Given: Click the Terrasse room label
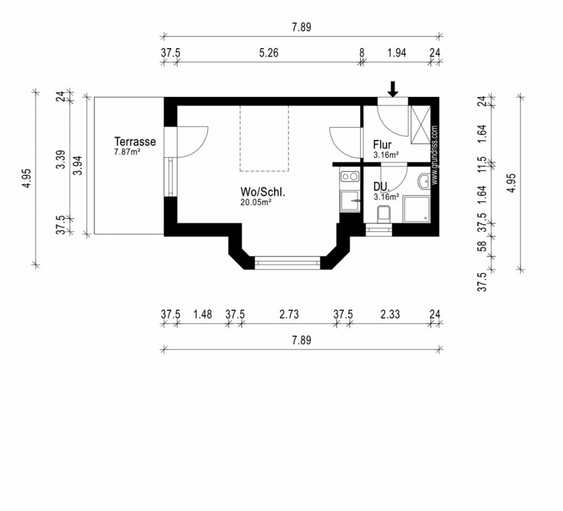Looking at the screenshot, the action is click(x=135, y=141).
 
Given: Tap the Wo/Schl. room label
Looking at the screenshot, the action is click(x=263, y=192).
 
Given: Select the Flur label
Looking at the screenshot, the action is click(x=382, y=144).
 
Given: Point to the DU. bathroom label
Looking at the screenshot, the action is click(x=382, y=187).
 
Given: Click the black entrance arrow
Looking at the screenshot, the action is click(x=393, y=89).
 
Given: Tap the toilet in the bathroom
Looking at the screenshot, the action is click(x=384, y=215).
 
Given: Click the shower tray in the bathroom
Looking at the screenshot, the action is click(x=417, y=209).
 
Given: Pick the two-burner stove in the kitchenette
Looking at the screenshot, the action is click(x=350, y=176).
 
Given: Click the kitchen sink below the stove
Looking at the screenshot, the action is click(x=350, y=201).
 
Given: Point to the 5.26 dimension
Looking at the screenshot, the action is click(x=268, y=53).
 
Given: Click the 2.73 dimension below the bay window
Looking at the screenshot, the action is click(x=289, y=314).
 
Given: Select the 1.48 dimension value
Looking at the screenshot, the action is click(x=203, y=314).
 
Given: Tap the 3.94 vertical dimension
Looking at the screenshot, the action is click(x=78, y=165).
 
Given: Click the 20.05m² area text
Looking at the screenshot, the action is click(x=256, y=202).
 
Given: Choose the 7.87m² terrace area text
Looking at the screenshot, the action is click(x=127, y=152).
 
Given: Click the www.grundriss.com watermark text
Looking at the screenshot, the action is click(x=435, y=155).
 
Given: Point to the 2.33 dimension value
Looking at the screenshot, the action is click(x=390, y=314).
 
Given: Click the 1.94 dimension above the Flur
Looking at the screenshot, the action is click(x=397, y=53).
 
